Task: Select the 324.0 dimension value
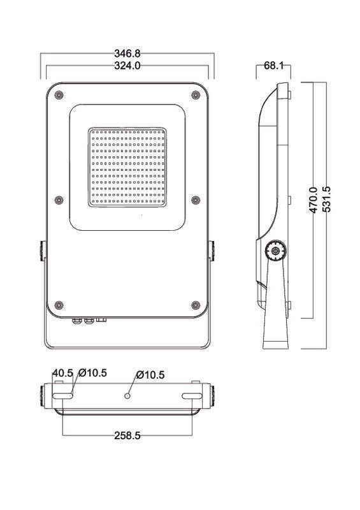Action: coord(127,65)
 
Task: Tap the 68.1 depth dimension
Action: coord(273,65)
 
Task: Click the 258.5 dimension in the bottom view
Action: coord(127,436)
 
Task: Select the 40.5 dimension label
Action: coord(62,372)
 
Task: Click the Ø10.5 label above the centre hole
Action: coord(151,375)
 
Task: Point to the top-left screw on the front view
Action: coord(59,94)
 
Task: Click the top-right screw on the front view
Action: coord(196,94)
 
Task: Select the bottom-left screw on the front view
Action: coord(59,303)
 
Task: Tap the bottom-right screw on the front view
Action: coord(196,303)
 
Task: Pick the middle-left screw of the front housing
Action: coord(59,199)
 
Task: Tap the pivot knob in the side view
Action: coord(275,251)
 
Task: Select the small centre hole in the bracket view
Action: coord(127,397)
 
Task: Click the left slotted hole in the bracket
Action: coord(64,397)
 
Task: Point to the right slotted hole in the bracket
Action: coord(191,397)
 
